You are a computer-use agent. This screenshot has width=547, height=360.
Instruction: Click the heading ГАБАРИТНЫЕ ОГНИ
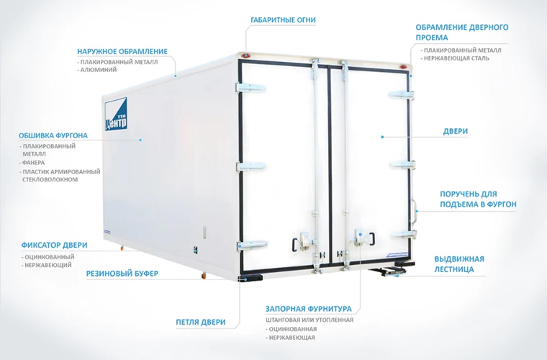283,20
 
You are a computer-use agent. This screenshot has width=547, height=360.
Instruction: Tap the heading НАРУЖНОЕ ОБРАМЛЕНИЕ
122,52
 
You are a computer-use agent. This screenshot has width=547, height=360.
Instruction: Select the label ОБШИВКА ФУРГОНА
53,135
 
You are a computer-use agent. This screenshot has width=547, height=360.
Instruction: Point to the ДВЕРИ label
456,132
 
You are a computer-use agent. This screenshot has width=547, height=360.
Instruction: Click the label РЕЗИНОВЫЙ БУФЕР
122,274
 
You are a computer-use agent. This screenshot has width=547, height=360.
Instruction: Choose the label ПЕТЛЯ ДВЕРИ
201,322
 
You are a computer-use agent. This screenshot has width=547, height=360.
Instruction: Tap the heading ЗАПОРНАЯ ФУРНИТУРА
308,309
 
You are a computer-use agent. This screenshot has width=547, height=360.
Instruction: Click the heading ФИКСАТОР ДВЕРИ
54,245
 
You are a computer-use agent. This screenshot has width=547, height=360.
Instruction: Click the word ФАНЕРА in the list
33,163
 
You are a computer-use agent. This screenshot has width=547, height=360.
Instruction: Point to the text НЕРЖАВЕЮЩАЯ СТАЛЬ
456,58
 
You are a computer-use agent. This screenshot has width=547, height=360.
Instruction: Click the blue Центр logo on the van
116,114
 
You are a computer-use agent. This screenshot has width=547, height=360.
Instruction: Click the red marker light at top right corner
403,67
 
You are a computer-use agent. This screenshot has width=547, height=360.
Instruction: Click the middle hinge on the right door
402,165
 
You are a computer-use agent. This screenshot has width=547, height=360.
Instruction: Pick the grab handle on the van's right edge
414,210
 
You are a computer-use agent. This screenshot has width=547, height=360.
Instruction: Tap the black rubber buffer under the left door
250,278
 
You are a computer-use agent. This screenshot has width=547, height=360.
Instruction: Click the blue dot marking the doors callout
382,137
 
